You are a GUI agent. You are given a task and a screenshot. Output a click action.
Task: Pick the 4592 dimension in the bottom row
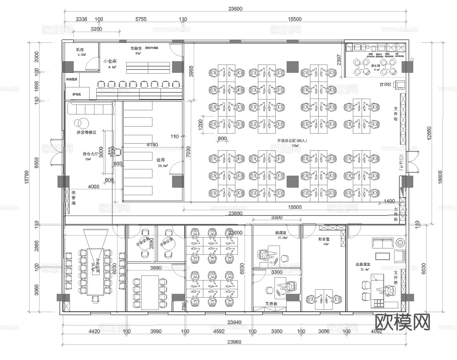[x=219, y=332]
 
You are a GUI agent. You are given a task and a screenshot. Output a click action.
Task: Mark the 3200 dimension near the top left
[x=96, y=29]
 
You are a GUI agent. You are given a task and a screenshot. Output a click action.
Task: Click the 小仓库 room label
[x=110, y=61]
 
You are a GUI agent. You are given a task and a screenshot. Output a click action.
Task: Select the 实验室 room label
[x=136, y=48]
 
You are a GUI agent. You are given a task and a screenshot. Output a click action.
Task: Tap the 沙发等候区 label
[x=86, y=132]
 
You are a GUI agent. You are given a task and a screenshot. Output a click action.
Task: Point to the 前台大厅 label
[x=90, y=154]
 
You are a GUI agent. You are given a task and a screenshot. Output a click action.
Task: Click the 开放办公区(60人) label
[x=292, y=141]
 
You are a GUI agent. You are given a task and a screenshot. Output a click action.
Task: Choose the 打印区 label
[x=385, y=84]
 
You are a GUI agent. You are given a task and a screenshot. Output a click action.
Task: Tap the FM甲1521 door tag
[x=402, y=163]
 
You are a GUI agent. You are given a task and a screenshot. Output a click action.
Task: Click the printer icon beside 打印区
[x=400, y=85]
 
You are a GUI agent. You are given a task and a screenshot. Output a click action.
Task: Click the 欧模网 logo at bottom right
[x=402, y=322]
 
